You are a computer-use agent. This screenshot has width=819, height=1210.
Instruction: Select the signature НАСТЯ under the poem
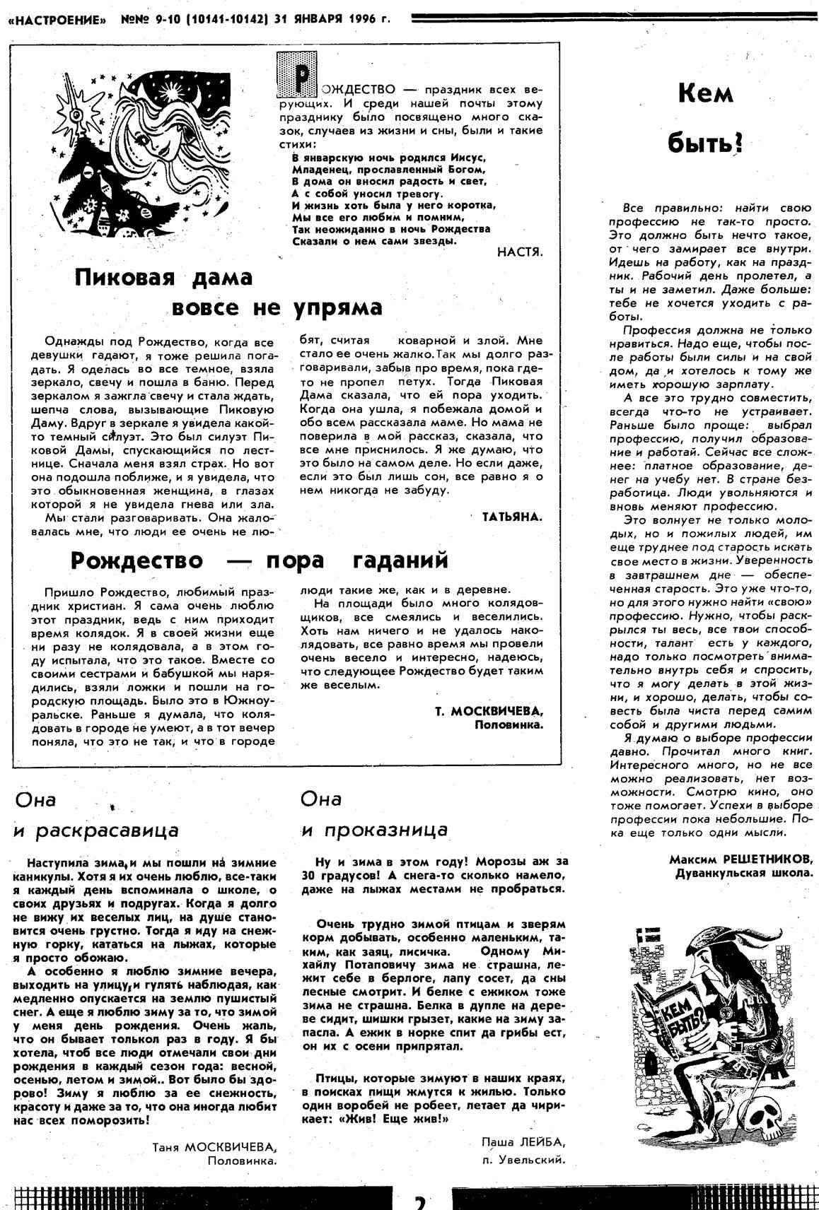coord(519,252)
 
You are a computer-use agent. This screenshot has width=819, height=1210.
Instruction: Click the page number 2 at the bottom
coord(420,1200)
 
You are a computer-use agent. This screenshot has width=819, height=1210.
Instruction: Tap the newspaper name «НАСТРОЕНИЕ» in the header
coord(56,20)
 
